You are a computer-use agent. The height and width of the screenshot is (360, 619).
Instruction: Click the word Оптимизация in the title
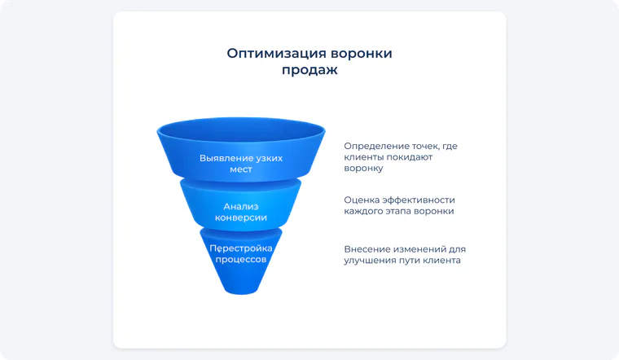[276, 54]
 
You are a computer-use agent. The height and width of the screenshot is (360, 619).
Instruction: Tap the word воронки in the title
[361, 53]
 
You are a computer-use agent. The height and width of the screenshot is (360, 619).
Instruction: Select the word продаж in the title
[309, 70]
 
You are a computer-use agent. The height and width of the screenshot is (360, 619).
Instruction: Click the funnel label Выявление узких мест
[241, 164]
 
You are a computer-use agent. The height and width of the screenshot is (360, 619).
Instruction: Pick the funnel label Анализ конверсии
[241, 212]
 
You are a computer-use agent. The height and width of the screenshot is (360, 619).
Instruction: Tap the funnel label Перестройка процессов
[241, 254]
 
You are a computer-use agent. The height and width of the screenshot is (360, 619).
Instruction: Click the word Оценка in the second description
[359, 200]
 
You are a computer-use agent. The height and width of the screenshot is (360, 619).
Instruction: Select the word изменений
[418, 249]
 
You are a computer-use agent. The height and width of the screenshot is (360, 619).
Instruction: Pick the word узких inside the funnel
[270, 158]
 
